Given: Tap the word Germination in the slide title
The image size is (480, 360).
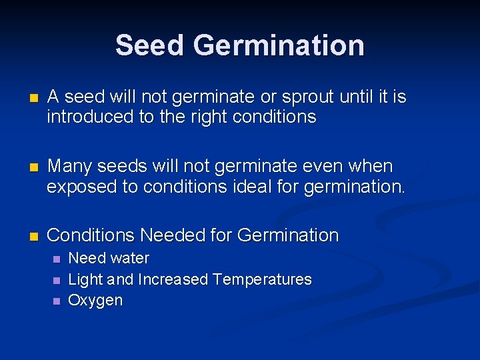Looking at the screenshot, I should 279,45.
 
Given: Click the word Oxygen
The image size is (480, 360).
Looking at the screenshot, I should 95,301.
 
